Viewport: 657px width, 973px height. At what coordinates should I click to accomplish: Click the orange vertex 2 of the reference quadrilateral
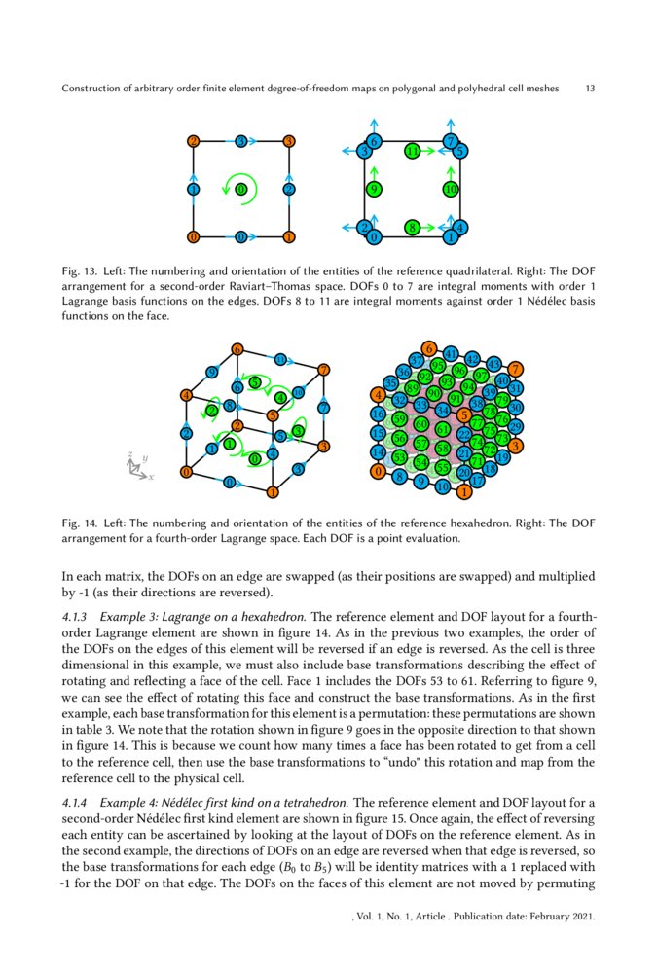(x=194, y=142)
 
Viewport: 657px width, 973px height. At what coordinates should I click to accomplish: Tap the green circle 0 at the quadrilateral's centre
(x=240, y=189)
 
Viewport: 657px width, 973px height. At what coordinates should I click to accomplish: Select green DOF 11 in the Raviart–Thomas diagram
(x=413, y=152)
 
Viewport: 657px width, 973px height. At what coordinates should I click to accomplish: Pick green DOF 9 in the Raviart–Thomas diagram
(x=373, y=189)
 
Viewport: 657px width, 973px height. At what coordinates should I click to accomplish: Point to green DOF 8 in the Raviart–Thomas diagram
(x=413, y=228)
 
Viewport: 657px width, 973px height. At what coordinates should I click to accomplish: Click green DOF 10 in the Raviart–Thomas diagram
(x=451, y=189)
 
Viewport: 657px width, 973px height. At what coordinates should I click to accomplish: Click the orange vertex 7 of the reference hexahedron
(x=324, y=369)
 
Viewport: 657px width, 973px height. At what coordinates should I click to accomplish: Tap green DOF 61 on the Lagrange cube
(x=442, y=429)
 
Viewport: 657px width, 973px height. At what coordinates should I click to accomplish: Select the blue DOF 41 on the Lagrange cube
(x=451, y=353)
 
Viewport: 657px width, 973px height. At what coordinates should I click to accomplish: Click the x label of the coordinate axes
(x=151, y=478)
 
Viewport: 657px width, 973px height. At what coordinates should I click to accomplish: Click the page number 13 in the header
(x=590, y=89)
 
